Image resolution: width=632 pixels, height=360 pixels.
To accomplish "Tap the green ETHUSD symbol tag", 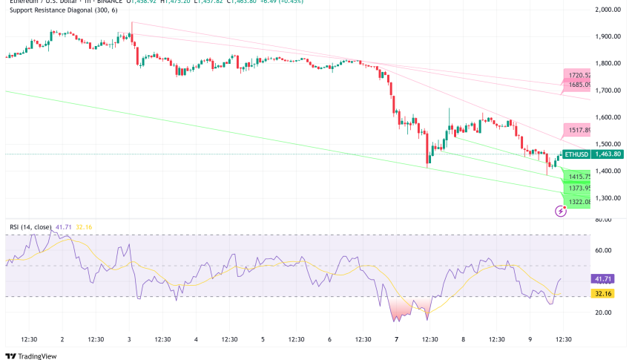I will [x=576, y=154].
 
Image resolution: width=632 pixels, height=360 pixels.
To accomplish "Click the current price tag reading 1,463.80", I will [x=608, y=154].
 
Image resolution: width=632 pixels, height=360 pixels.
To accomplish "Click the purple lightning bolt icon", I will [x=561, y=211].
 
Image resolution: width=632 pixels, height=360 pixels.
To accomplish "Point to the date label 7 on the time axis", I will [x=397, y=339].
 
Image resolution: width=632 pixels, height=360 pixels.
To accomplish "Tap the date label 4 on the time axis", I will [x=196, y=339].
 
